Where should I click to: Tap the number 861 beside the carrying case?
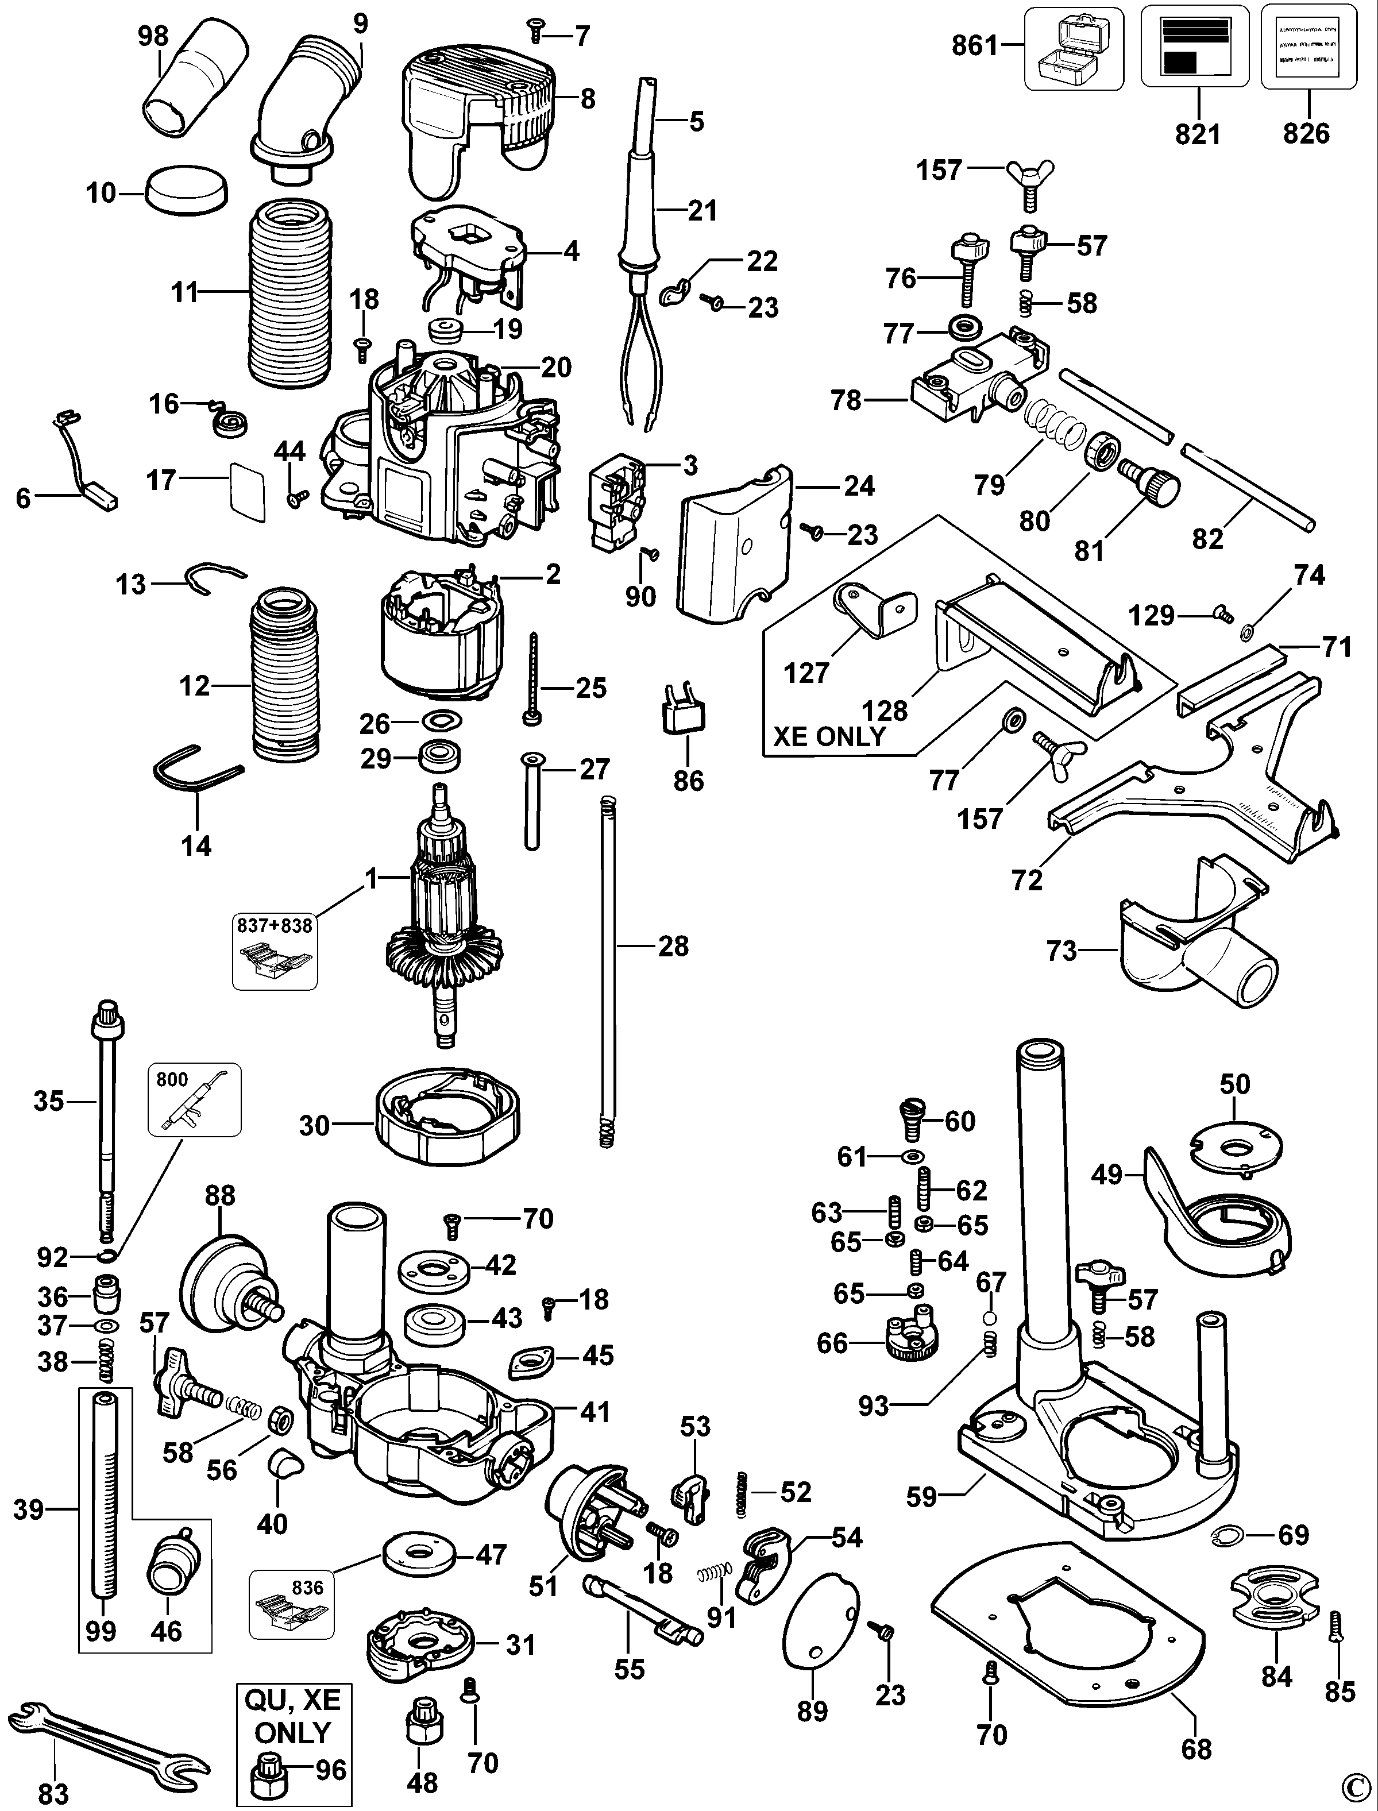(974, 46)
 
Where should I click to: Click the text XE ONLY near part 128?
(830, 736)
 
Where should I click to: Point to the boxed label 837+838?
(275, 925)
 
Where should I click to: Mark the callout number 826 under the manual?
(1306, 133)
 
